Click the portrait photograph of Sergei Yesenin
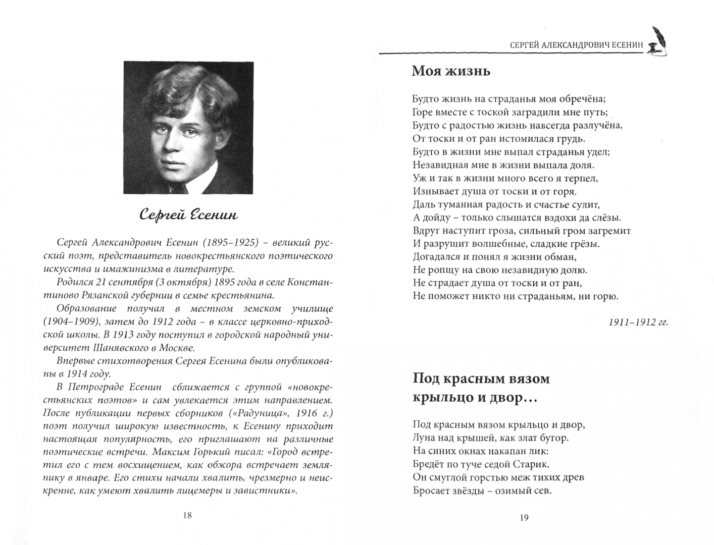(188, 128)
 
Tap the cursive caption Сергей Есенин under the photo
(188, 215)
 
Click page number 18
(187, 515)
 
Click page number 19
(524, 517)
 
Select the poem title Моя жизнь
(451, 71)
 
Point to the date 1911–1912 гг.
(638, 322)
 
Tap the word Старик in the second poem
(530, 464)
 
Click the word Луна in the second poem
(424, 438)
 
